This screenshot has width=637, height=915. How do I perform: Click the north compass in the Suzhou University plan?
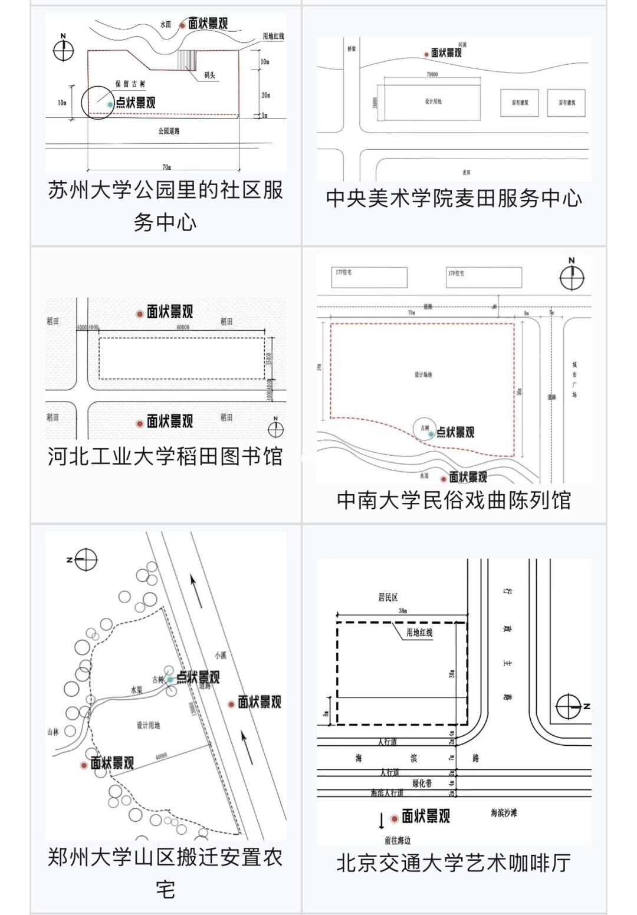coord(63,50)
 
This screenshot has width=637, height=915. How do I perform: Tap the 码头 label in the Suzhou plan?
coord(210,75)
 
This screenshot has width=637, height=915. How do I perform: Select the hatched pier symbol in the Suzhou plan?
coord(188,60)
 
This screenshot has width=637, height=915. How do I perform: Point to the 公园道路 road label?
coord(169,131)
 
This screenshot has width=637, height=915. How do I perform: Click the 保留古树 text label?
coord(130,84)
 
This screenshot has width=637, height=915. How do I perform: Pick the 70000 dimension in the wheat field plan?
coord(432,75)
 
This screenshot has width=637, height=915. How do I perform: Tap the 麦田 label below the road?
coord(467,172)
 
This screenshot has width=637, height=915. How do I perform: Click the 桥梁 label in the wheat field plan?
coord(352,48)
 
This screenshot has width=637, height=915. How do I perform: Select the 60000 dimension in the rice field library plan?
coord(182,327)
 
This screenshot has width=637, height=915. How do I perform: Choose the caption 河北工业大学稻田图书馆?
coord(165,456)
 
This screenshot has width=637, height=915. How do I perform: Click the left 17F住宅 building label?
coord(343,272)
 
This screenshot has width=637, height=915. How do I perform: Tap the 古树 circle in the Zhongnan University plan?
coord(425,429)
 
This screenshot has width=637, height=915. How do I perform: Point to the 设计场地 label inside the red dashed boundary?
coord(423,375)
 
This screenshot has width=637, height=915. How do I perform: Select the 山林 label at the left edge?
coord(53,732)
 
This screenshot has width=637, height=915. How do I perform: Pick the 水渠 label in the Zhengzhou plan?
coord(137,689)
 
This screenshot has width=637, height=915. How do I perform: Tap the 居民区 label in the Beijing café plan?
coord(388,598)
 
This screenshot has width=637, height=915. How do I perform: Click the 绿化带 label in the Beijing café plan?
coord(422,783)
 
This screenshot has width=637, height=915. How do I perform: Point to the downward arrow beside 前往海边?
coord(381,820)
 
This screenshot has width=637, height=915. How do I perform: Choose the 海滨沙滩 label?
coord(504,813)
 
